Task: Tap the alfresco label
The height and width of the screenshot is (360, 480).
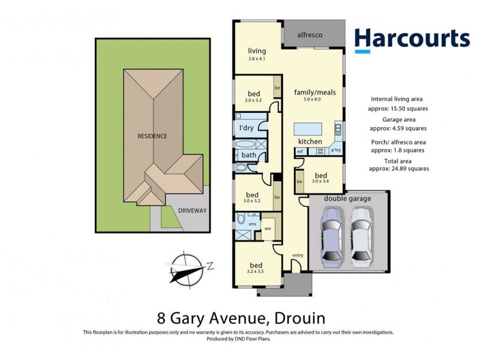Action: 310,35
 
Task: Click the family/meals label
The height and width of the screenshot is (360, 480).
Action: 314,92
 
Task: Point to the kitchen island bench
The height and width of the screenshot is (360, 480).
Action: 307,130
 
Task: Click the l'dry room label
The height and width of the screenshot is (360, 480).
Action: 245,128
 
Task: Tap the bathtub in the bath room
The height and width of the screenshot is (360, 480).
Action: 246,145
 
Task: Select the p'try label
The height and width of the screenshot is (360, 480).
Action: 335,151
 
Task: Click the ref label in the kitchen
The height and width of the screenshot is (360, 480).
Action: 299,151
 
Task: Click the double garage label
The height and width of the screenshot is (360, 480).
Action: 347,199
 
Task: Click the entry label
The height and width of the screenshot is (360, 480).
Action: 298,256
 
